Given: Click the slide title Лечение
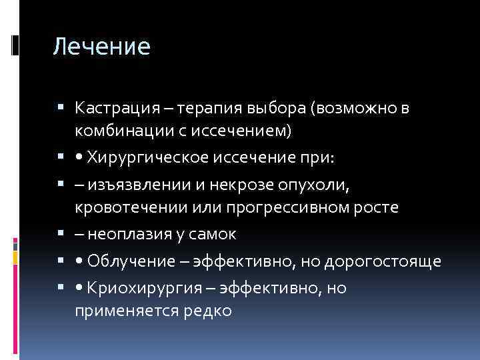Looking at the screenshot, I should tap(101, 47).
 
